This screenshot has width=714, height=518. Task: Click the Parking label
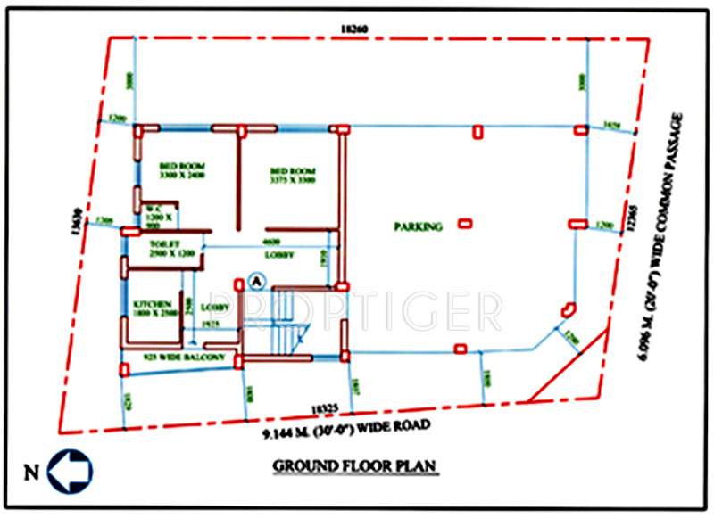click(417, 227)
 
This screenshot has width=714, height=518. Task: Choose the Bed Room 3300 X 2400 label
click(184, 170)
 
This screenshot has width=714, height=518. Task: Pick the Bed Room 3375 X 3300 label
click(294, 175)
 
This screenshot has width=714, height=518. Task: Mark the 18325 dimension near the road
click(327, 409)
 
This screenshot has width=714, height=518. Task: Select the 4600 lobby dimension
click(270, 242)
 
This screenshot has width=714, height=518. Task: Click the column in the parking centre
click(465, 223)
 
